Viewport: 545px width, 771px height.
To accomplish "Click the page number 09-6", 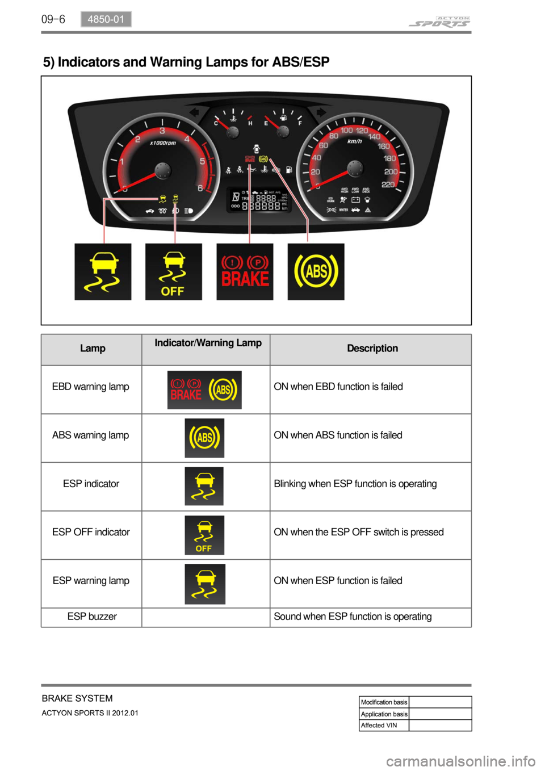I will [53, 19].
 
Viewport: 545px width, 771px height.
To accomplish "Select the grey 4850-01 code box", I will [106, 19].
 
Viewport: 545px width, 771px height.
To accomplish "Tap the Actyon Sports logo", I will [439, 22].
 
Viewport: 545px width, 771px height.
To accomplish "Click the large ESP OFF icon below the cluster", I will [173, 272].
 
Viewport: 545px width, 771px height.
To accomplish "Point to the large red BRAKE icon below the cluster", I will [245, 272].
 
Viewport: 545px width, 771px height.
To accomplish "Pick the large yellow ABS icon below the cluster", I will [316, 272].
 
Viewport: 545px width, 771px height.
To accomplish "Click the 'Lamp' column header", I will [93, 349].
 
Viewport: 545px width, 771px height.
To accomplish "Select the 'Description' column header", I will [372, 349].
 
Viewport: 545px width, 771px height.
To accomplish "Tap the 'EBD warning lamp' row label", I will [91, 387].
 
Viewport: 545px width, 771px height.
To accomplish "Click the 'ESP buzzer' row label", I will [92, 617].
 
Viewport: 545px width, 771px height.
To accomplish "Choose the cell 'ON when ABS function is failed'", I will [338, 435].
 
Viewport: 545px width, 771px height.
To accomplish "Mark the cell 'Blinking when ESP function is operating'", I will [355, 484].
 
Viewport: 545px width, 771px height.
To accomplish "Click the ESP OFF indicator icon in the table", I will [204, 535].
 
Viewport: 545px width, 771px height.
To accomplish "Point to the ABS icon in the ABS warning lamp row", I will [204, 438].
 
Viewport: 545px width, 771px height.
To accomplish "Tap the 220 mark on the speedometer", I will [388, 185].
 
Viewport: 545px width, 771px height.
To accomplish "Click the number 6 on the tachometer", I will [200, 188].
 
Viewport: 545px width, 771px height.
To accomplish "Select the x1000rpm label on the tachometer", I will [163, 143].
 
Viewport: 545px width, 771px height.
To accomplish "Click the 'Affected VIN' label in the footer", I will [379, 726].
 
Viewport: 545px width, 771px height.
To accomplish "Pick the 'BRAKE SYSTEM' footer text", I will [77, 698].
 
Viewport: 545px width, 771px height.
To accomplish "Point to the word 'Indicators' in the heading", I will [89, 62].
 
